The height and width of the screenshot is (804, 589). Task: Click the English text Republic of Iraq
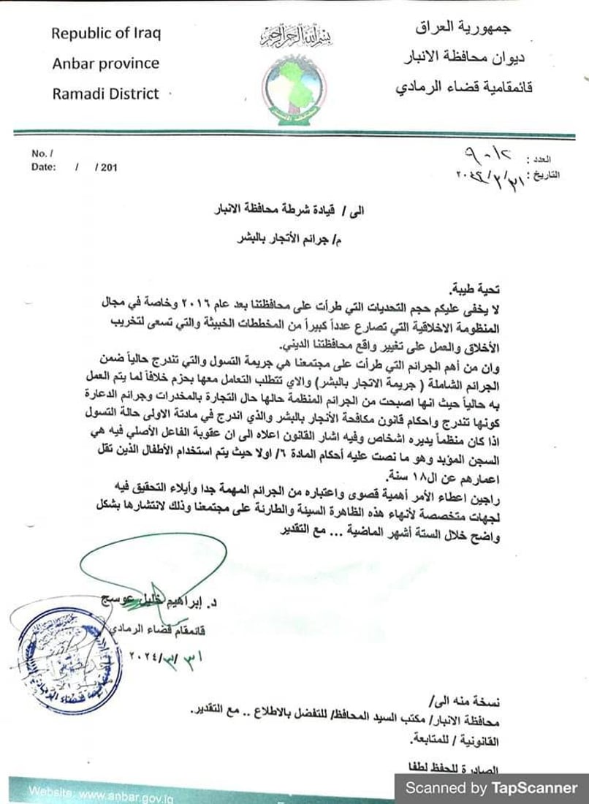[x=106, y=34]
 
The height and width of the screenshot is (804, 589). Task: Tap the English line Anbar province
[x=105, y=63]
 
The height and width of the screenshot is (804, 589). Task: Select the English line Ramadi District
[x=105, y=93]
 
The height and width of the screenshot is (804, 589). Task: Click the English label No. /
[x=39, y=153]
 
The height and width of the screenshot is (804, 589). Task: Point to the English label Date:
[x=43, y=167]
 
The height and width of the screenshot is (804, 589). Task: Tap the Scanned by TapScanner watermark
[x=491, y=788]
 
